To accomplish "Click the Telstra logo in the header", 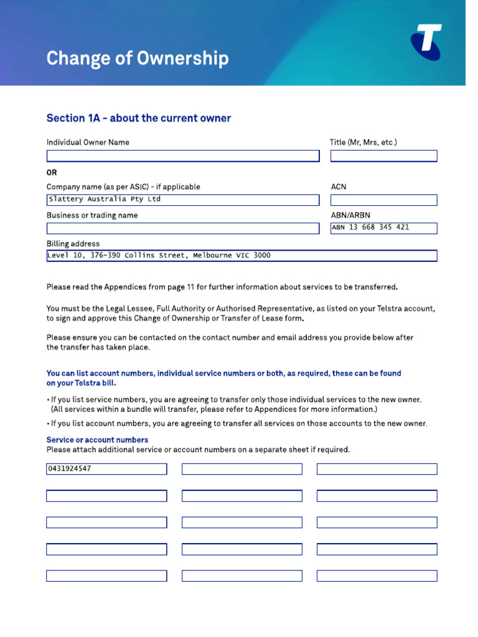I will [426, 42].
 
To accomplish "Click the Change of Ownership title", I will [138, 58].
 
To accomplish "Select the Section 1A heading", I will [139, 118].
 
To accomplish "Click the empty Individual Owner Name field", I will [183, 156].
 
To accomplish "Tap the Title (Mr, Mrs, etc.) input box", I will [383, 156].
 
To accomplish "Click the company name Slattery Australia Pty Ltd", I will [105, 200].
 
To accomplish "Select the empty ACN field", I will [383, 200].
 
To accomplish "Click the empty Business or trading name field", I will [183, 228].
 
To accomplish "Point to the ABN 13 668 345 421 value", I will [370, 228].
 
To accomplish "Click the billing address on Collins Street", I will [159, 256].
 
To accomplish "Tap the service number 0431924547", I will [70, 468].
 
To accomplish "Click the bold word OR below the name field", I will [52, 172].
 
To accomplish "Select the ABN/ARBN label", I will [350, 215].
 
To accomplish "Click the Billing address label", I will [73, 244].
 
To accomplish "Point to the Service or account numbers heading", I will [97, 440].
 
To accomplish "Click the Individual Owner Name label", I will [88, 142].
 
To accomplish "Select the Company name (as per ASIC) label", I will [123, 187].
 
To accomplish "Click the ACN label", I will [339, 187].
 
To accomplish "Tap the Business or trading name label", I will [92, 215].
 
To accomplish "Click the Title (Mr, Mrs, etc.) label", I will [363, 142].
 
